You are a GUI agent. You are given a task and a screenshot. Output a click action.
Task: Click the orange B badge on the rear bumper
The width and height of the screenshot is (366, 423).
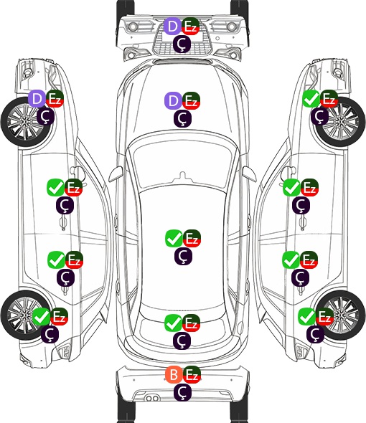pos(174,374)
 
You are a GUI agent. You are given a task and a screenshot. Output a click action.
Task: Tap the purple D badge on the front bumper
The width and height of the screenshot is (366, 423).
pos(173,27)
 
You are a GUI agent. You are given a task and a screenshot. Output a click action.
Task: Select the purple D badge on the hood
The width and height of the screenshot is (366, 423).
pos(173,100)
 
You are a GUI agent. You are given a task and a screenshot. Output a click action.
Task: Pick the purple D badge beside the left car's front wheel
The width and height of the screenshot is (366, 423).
pos(37,98)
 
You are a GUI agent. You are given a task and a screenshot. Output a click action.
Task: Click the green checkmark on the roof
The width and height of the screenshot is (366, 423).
pos(174,238)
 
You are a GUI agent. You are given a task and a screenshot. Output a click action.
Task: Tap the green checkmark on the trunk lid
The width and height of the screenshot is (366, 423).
pos(174,323)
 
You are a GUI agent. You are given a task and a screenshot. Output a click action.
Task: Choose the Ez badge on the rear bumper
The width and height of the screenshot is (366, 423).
pos(192,374)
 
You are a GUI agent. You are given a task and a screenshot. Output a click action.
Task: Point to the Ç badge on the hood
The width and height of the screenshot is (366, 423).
pos(182,118)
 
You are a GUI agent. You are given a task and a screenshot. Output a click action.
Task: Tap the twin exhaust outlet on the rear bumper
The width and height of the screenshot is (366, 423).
pos(152,399)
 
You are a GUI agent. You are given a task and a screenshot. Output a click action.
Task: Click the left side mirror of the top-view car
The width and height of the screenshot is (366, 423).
pos(116,174)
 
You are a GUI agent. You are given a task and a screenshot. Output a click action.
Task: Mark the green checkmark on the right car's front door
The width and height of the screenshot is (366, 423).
pos(291,188)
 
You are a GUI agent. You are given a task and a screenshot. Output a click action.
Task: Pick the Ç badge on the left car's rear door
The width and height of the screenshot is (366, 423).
pos(65,277)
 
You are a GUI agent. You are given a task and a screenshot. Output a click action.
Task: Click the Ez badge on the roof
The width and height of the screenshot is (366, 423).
pos(192,238)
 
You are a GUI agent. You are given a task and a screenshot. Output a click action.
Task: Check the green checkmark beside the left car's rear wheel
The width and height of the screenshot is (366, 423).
pos(41,316)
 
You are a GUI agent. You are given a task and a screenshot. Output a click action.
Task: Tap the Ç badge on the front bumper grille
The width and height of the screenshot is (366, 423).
pos(182,44)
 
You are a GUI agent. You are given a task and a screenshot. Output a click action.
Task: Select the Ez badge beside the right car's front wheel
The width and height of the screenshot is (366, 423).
pos(329,98)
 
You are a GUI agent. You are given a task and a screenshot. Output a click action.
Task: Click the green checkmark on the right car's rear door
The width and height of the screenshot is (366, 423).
pos(291,260)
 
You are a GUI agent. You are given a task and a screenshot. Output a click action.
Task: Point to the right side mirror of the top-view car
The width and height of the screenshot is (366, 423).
pos(249,174)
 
